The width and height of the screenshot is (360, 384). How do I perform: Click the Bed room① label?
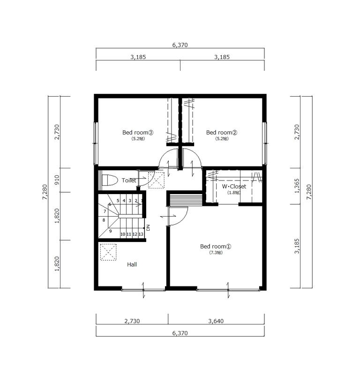[216, 246]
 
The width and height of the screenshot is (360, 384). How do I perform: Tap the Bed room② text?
[222, 132]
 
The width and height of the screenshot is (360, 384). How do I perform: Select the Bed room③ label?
[138, 132]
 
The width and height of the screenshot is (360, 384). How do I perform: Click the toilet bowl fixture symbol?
[109, 180]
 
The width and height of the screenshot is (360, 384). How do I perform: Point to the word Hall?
[132, 264]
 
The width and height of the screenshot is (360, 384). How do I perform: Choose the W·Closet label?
[234, 186]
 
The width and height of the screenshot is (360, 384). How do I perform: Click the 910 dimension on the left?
[57, 180]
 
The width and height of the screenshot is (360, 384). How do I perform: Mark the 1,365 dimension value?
[297, 186]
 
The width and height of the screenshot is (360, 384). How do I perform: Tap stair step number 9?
[111, 231]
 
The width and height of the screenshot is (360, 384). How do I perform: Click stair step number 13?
[141, 234]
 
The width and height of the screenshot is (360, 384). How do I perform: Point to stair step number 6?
[110, 204]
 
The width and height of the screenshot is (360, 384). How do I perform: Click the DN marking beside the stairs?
[148, 228]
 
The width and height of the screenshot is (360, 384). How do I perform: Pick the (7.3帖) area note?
[216, 253]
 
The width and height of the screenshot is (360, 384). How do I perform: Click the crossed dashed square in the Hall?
[109, 252]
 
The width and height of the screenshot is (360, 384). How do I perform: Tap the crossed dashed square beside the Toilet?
[157, 180]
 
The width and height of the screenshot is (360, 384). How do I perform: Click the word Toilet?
[129, 180]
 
